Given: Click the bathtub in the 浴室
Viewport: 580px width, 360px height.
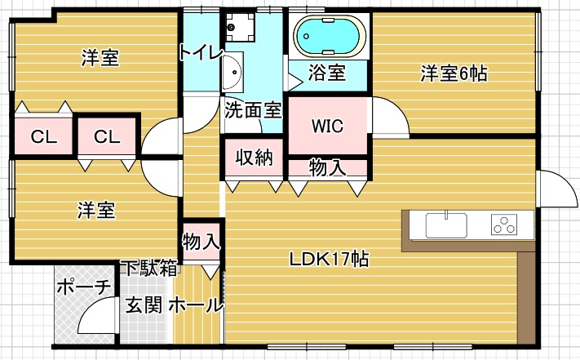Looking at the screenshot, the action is click(x=330, y=36).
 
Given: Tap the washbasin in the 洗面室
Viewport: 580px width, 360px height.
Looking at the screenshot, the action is click(x=232, y=72).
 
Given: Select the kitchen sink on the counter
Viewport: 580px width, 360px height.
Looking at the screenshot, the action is click(x=446, y=225).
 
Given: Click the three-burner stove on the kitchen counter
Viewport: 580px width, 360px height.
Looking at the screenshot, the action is click(x=504, y=224).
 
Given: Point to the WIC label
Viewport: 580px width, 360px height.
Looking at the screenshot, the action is click(x=327, y=127).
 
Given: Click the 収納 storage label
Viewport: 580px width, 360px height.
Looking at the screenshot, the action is click(x=255, y=158).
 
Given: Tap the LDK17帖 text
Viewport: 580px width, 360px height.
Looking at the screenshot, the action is click(x=329, y=259).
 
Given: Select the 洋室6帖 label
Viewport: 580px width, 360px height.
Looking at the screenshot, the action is click(x=454, y=73).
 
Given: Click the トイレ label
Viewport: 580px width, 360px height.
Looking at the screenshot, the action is click(x=201, y=52).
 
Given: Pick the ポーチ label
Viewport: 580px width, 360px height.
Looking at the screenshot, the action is click(x=84, y=287).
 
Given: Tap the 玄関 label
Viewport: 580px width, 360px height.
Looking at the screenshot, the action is click(x=144, y=305).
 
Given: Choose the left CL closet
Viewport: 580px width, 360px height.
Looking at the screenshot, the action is click(x=44, y=136).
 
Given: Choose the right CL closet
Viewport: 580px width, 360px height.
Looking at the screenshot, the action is click(x=107, y=136).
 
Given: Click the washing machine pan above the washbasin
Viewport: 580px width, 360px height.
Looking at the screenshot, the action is click(x=240, y=27).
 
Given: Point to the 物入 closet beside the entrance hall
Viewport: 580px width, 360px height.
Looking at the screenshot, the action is click(x=201, y=242).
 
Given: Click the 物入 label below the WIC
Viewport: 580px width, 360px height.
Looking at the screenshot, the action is click(x=327, y=167).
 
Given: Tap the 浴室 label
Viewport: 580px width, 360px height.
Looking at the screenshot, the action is click(x=327, y=72).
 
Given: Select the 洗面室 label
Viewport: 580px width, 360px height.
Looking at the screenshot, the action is click(x=254, y=110).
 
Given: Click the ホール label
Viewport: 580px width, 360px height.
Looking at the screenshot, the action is click(x=197, y=305).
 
